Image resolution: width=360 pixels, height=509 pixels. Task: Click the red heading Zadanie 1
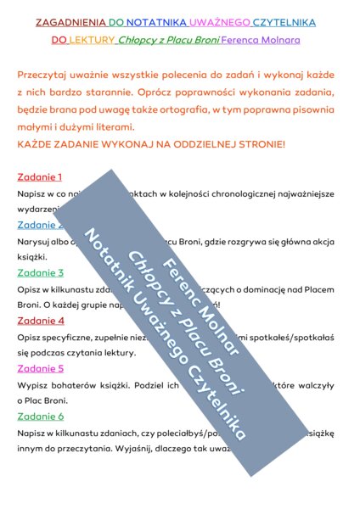pyautogui.click(x=40, y=177)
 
